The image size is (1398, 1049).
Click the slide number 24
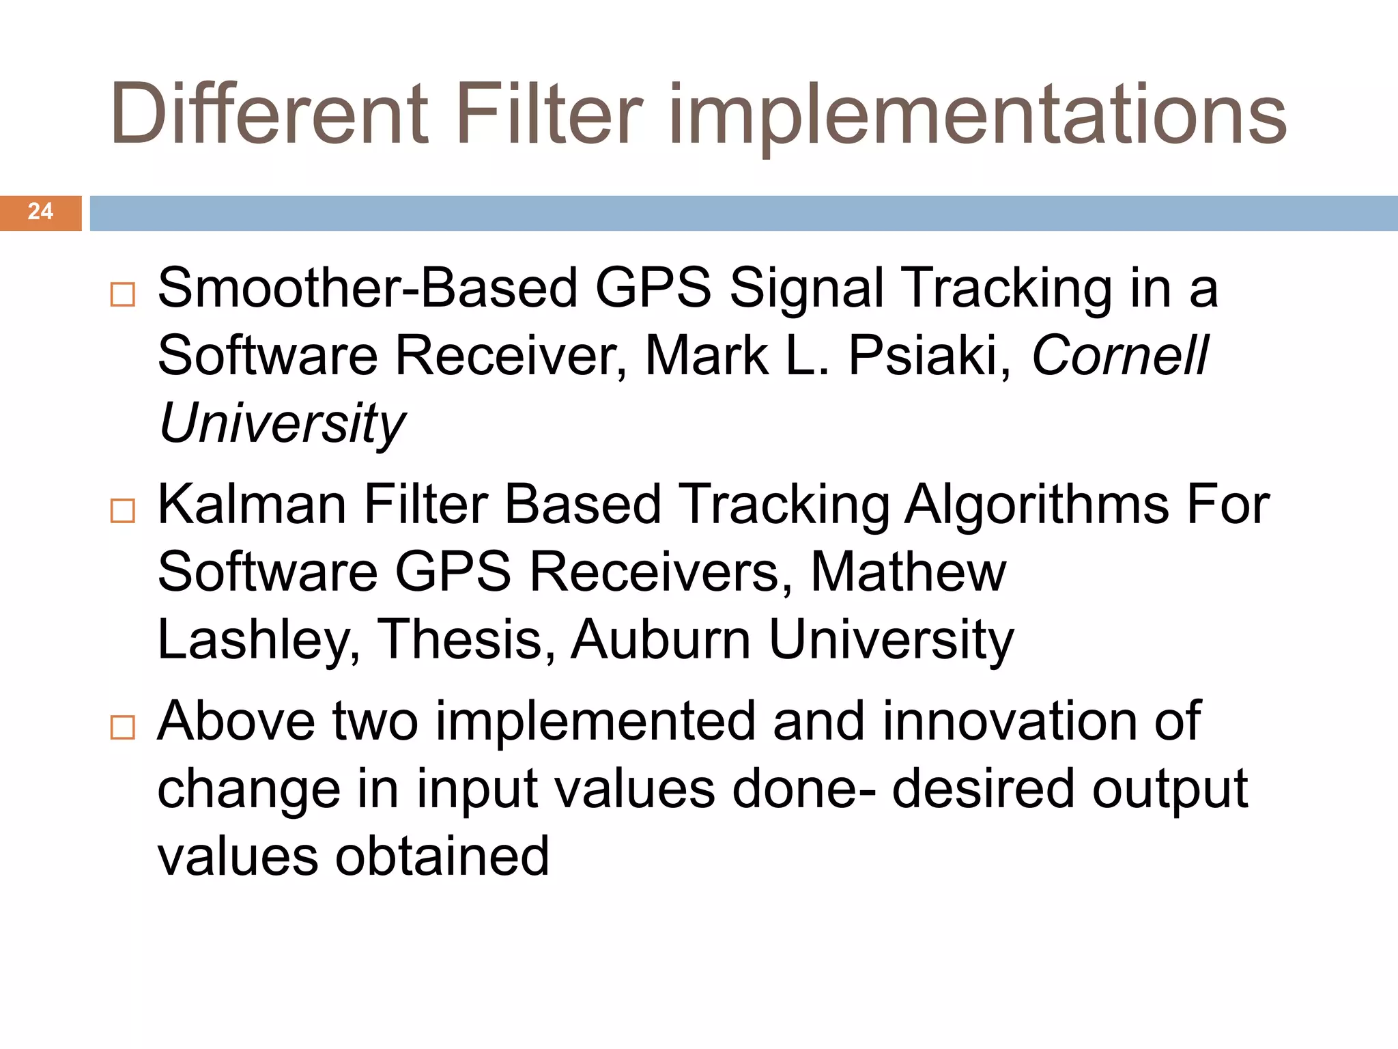point(40,212)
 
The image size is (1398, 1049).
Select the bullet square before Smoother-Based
point(123,294)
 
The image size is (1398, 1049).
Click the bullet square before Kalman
point(123,511)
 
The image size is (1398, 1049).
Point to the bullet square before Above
point(123,727)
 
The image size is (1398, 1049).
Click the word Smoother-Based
point(367,288)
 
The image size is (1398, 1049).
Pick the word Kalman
point(252,504)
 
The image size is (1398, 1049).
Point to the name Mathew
point(908,572)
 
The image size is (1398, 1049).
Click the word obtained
point(442,856)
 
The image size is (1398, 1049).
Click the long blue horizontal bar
point(743,213)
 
